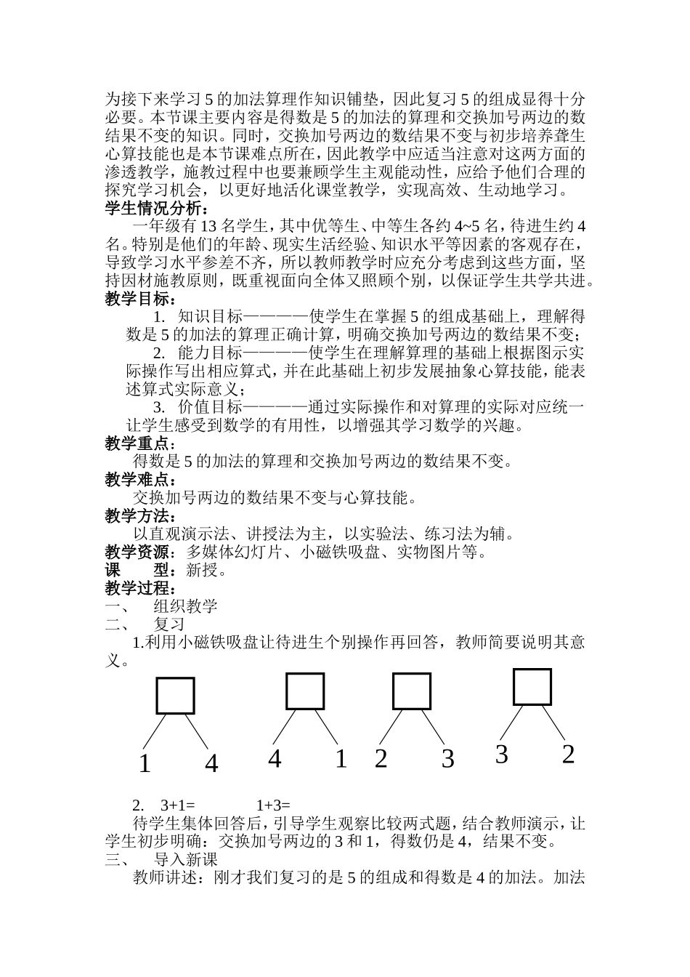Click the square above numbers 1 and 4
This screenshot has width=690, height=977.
(175, 696)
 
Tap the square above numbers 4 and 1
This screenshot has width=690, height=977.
(305, 691)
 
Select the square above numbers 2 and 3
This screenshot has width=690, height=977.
(412, 691)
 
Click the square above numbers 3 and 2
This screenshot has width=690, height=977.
(532, 686)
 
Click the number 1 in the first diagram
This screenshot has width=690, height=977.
(145, 764)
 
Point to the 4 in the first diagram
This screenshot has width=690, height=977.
(211, 764)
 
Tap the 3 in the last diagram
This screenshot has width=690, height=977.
(501, 755)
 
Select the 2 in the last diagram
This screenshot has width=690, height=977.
(568, 754)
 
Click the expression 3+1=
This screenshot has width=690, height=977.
(179, 805)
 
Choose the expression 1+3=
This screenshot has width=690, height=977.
(273, 805)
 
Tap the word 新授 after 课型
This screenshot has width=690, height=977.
(202, 570)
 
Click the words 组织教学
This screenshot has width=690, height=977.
(186, 606)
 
